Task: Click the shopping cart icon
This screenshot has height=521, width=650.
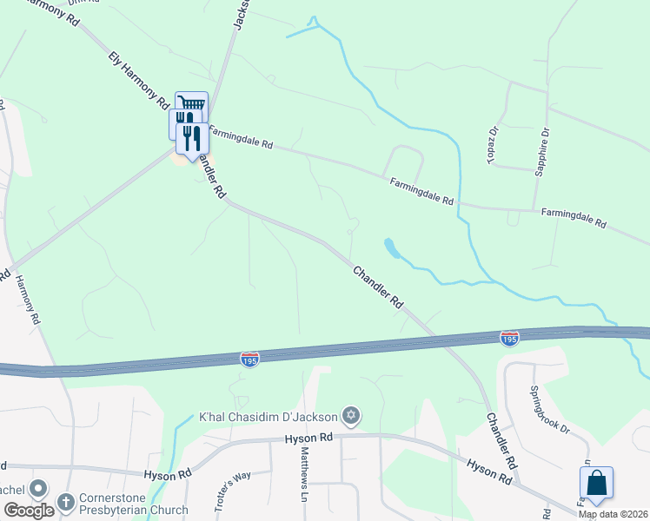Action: (x=192, y=104)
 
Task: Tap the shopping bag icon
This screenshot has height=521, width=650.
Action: (x=596, y=484)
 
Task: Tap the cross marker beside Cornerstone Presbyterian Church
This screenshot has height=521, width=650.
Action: (x=65, y=502)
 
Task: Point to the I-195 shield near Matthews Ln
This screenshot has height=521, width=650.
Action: (x=249, y=359)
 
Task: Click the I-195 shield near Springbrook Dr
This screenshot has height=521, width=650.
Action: (x=510, y=337)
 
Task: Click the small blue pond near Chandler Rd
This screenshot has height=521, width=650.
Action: (x=393, y=249)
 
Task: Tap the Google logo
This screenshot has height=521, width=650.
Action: (x=29, y=511)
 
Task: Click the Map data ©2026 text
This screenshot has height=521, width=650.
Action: (x=612, y=514)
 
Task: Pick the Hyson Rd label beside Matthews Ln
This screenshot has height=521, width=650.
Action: (x=309, y=439)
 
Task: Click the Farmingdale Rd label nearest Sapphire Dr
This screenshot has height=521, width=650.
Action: (x=573, y=217)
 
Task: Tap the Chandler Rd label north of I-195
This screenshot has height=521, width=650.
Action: (x=378, y=287)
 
